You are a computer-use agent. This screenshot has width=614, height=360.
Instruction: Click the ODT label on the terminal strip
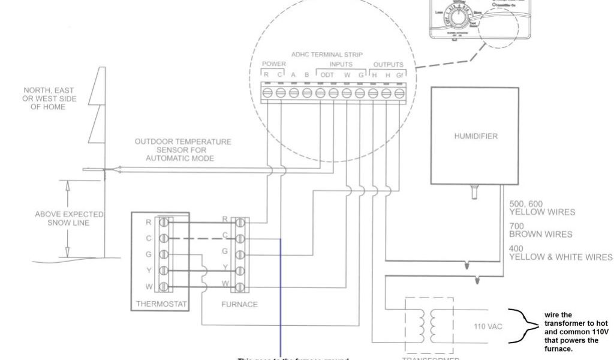tap(327, 74)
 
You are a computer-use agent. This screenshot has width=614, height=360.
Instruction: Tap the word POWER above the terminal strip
tap(274, 64)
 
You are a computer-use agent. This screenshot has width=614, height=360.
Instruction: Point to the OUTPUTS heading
tap(388, 64)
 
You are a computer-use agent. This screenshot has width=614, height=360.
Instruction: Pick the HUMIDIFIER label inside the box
tap(476, 136)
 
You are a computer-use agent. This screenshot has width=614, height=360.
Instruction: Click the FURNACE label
tap(240, 304)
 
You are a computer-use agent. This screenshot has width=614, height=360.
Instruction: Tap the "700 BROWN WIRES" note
tap(540, 230)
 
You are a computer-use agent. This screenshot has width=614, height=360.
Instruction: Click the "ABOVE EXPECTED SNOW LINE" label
tap(70, 218)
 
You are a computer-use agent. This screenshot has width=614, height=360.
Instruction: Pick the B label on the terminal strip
tap(306, 74)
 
